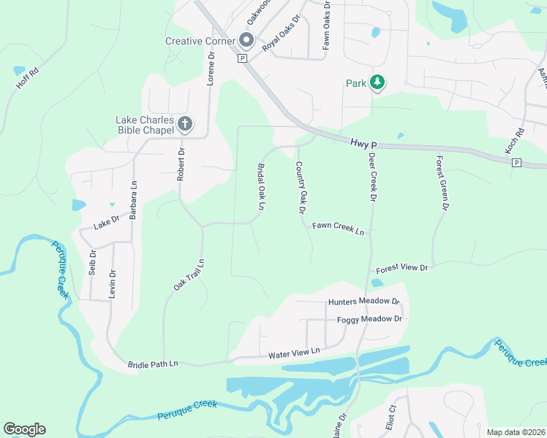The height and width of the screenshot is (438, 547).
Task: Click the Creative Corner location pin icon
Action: pos(246,41)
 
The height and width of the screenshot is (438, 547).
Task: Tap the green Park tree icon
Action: pos(377,83)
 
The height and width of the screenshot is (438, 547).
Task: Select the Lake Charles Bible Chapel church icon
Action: pos(185,124)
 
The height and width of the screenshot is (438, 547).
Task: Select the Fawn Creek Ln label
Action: pos(338,228)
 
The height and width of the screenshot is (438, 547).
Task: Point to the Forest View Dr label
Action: pos(401,268)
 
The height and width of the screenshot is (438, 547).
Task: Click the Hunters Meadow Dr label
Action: pos(364,301)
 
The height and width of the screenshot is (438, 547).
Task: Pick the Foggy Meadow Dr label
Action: pos(369,319)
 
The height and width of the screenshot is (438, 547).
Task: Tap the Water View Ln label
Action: pos(295,352)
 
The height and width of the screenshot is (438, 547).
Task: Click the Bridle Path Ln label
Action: pos(153,364)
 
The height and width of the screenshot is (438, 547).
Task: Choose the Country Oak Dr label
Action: pos(300,188)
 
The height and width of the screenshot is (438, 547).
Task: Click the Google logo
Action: pos(24,429)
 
